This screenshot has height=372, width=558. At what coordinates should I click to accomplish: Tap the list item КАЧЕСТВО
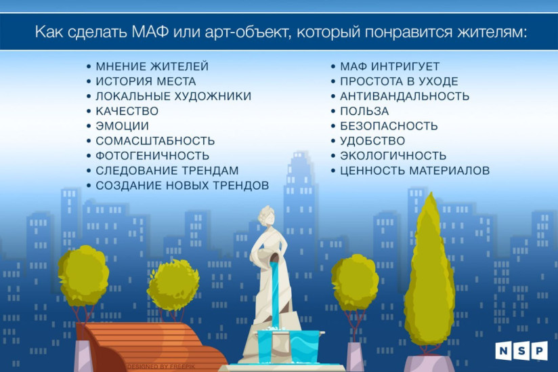[127, 111]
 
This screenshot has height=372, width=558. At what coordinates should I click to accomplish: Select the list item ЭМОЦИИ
[122, 126]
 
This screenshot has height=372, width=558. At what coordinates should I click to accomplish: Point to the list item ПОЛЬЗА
[364, 111]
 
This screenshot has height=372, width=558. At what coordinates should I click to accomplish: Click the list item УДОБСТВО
[372, 141]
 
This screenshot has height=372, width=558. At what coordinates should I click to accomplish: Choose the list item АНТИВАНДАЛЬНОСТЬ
[404, 96]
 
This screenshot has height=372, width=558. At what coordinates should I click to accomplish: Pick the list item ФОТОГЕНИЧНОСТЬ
[152, 156]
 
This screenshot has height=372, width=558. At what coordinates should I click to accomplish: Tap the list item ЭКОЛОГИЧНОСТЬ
[393, 156]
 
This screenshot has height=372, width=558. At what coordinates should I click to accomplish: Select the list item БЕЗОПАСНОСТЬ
[389, 126]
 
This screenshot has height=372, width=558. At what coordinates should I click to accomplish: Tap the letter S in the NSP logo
[521, 350]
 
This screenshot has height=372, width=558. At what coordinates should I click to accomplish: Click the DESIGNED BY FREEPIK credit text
[161, 367]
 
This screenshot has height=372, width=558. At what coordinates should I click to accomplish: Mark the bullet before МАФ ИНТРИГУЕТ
[333, 66]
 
